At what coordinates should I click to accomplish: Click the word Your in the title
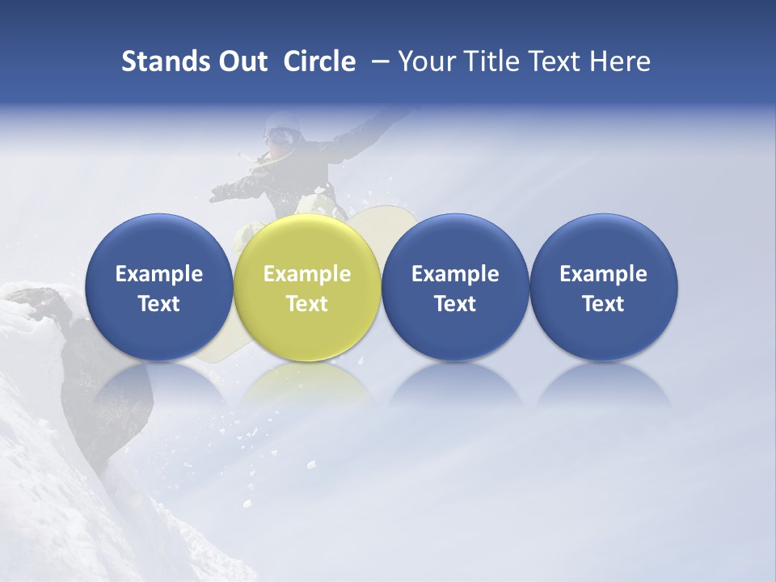tap(424, 61)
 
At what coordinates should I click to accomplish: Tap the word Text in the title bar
tap(555, 61)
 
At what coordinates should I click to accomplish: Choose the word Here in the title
tap(620, 61)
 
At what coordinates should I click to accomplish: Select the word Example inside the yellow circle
tap(307, 274)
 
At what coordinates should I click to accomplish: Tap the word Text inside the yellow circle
tap(307, 304)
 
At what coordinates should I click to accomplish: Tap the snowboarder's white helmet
tap(282, 120)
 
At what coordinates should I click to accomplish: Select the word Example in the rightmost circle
tap(604, 274)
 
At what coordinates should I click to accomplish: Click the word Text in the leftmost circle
tap(158, 304)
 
